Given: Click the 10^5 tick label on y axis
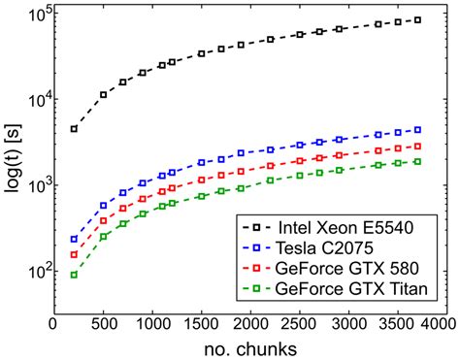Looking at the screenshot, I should pos(33,15).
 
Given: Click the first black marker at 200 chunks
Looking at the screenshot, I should pos(74,129).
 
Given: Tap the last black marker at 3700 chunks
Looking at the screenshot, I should pos(418,19).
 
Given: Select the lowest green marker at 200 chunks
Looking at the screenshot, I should pos(74,275).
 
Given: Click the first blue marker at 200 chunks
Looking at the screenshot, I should pos(74,239).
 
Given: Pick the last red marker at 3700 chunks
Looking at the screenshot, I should pos(418,146).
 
